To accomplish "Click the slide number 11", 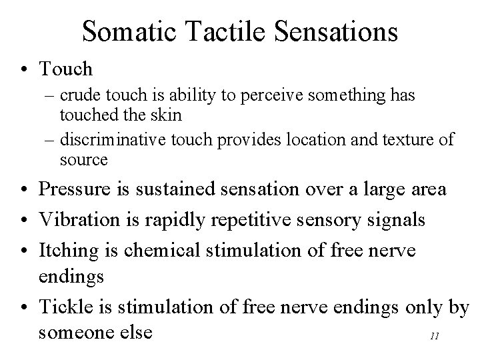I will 434,337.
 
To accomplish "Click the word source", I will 83,159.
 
